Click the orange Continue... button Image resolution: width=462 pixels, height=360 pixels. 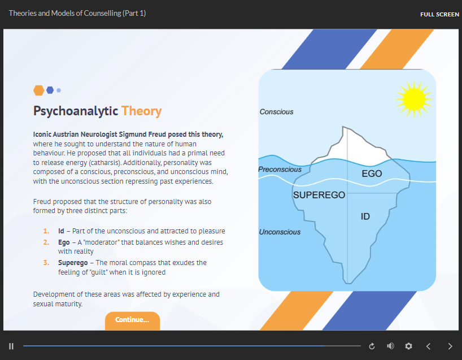[132, 320]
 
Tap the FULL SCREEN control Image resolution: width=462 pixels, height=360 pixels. [439, 15]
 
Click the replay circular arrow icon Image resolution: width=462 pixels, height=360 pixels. [372, 346]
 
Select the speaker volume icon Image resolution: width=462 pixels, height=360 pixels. [390, 346]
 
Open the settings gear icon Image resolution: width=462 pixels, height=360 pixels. [408, 346]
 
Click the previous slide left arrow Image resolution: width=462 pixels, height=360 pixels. [429, 346]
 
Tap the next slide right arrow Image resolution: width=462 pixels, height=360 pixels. [450, 346]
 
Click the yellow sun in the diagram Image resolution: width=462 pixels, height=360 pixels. [414, 99]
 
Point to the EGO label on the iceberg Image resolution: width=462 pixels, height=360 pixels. [372, 174]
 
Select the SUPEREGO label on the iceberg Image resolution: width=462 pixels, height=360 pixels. [319, 195]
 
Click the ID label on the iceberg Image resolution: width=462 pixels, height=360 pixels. [365, 216]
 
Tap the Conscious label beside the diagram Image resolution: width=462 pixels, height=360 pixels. [276, 112]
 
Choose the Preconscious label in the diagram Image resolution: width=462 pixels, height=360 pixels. [280, 170]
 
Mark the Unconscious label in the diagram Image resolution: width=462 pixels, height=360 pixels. [280, 232]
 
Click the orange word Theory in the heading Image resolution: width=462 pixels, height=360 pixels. [141, 111]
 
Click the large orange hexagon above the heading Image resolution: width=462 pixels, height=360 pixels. [38, 90]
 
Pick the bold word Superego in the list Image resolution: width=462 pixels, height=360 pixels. [73, 263]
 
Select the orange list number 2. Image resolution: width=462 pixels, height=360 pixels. [46, 242]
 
